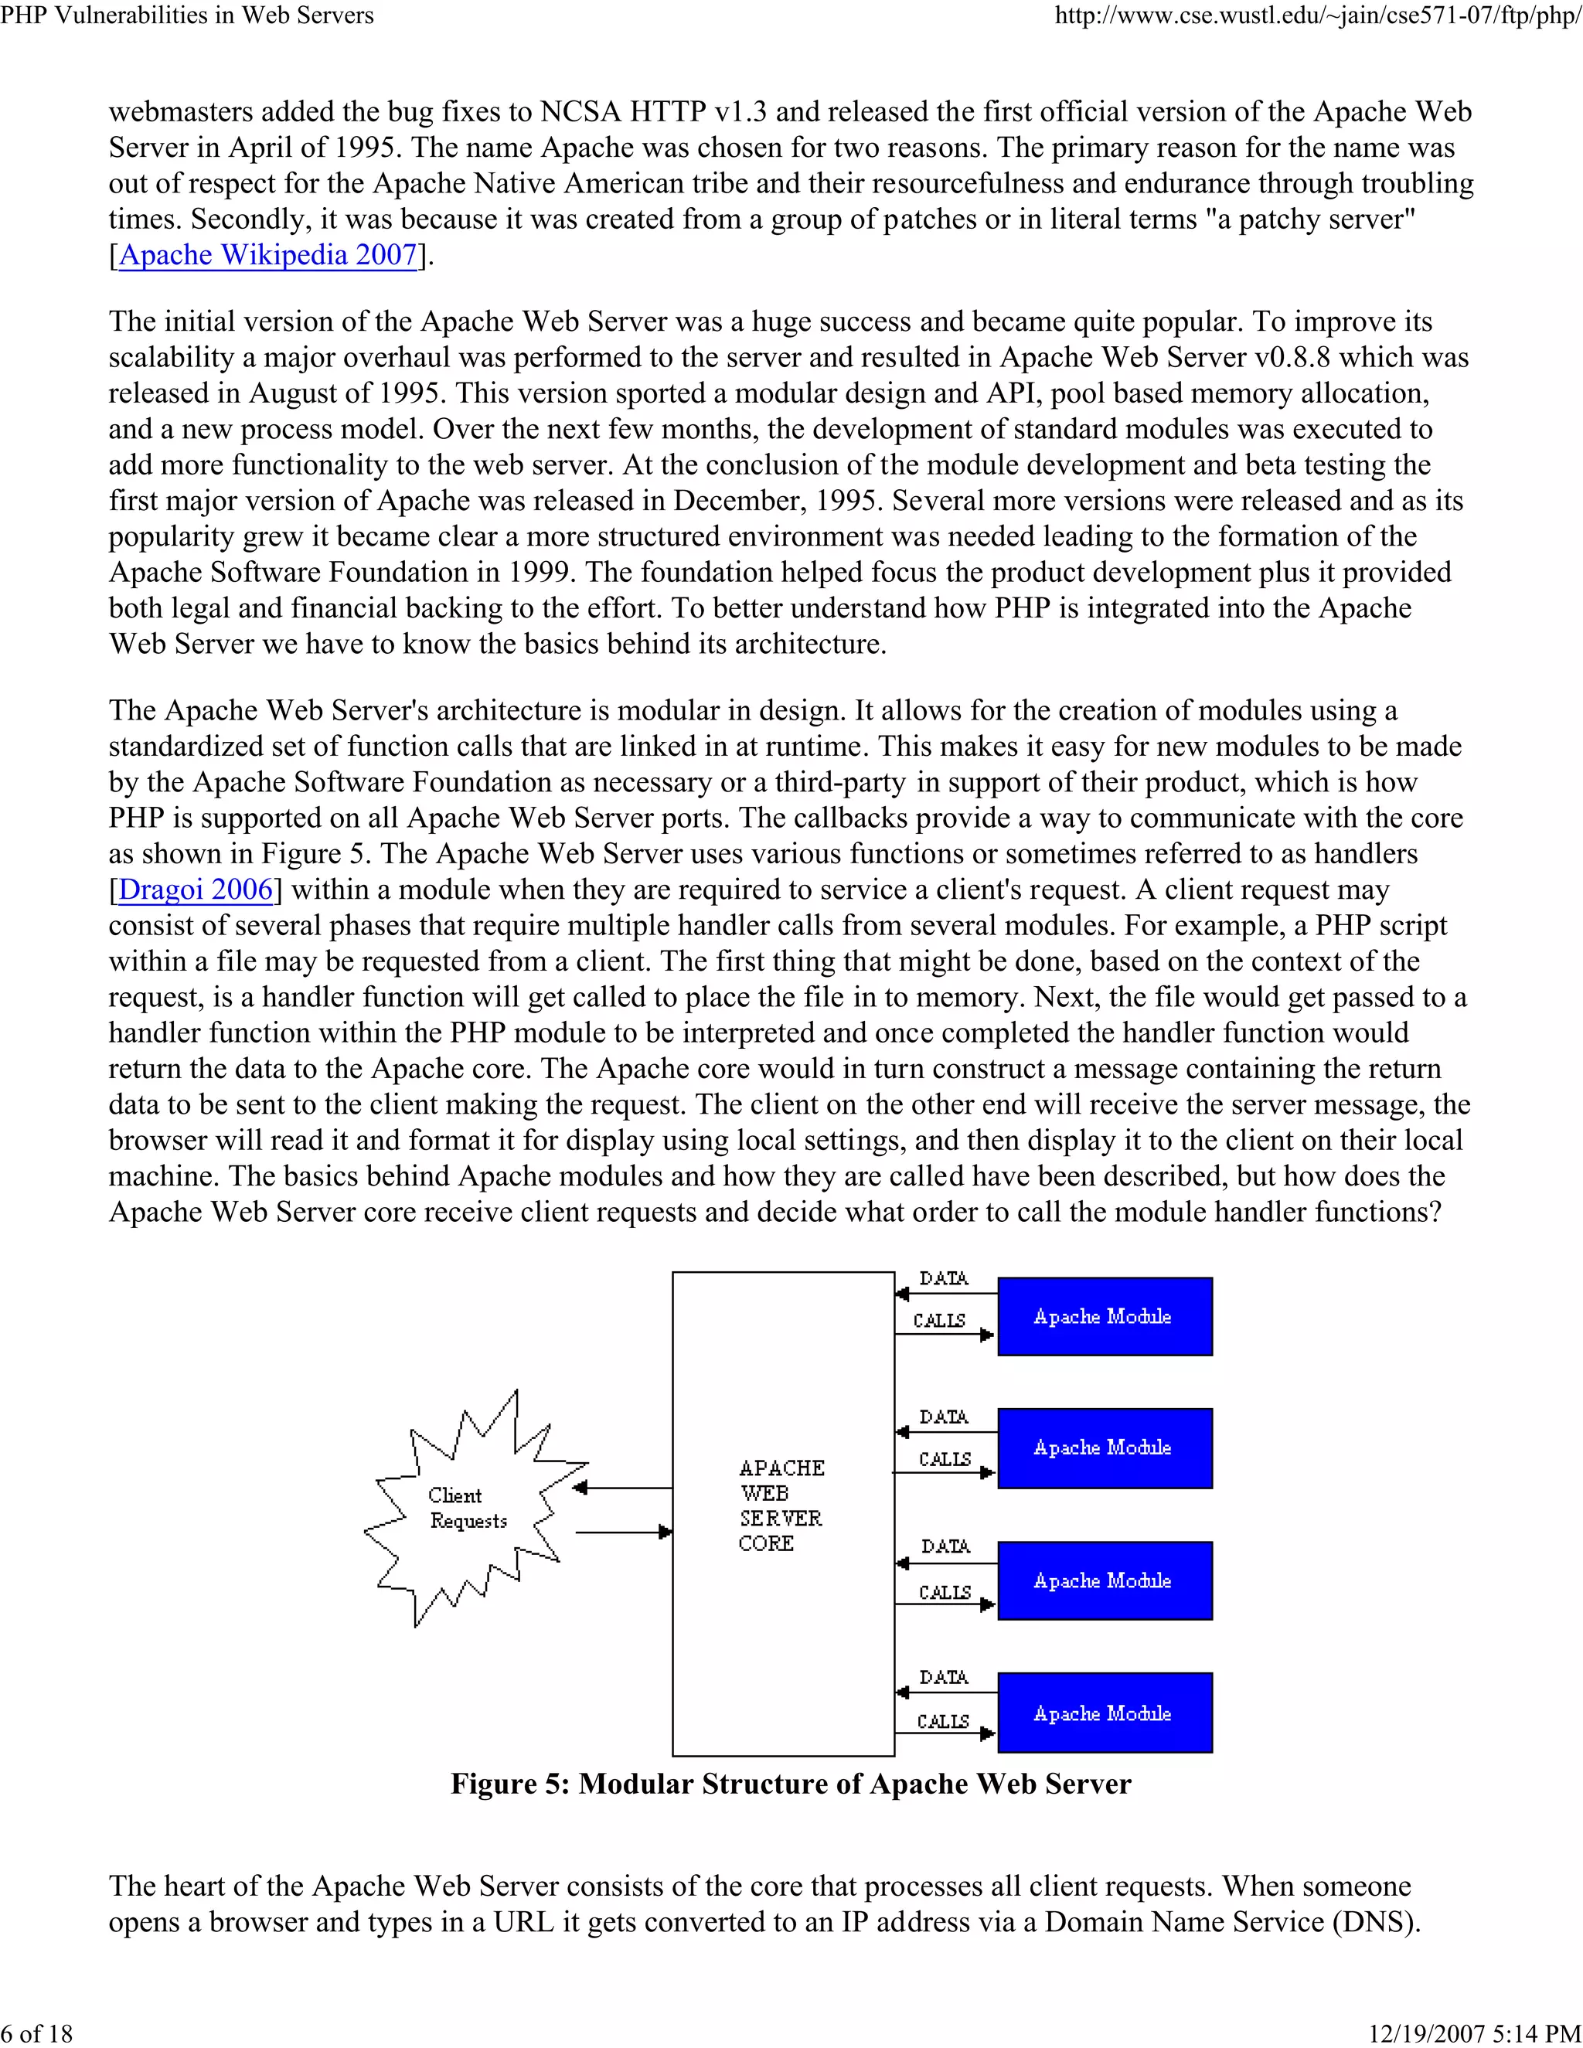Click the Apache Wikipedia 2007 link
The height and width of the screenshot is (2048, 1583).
tap(267, 255)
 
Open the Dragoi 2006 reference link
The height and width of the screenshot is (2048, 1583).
tap(195, 889)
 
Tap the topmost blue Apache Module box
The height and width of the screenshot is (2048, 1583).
tap(1104, 1317)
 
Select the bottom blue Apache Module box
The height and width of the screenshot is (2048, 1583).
tap(1104, 1713)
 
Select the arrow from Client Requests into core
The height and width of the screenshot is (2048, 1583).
tap(623, 1533)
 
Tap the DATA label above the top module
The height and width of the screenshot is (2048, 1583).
tap(944, 1278)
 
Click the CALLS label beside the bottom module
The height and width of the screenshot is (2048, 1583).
tap(942, 1722)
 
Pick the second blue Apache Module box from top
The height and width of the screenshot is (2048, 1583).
tap(1104, 1448)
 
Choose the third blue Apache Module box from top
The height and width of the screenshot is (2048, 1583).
tap(1104, 1581)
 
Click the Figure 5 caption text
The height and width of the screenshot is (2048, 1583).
tap(791, 1784)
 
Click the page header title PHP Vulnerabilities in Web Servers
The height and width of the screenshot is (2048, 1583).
tap(188, 15)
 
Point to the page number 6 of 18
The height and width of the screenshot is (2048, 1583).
tap(38, 2033)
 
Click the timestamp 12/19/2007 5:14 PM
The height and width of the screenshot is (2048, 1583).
tap(1474, 2033)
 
